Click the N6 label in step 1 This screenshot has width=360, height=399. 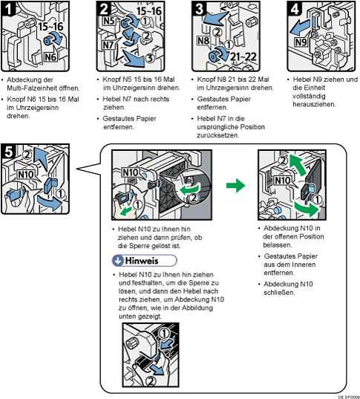click(x=50, y=57)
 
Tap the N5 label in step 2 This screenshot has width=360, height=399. click(x=109, y=21)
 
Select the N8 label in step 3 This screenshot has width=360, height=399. click(x=203, y=40)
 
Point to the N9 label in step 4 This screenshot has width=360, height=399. click(x=301, y=42)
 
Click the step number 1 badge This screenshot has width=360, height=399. click(x=7, y=9)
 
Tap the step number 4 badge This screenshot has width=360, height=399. click(x=294, y=9)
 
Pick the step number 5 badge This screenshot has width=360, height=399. click(x=8, y=151)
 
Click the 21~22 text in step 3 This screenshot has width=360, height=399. click(x=243, y=56)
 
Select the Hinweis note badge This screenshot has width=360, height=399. click(x=145, y=261)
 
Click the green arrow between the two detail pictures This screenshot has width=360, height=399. click(x=236, y=185)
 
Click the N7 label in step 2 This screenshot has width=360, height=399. click(x=108, y=45)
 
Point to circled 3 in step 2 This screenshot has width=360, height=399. click(x=150, y=58)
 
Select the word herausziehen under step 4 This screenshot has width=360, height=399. click(x=314, y=104)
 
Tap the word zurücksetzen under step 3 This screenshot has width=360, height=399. click(x=218, y=135)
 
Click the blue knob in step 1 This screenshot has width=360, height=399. click(x=48, y=41)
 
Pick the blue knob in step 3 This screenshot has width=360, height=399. click(x=214, y=56)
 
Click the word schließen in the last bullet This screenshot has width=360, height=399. click(x=279, y=293)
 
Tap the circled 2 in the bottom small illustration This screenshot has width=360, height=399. click(x=151, y=381)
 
